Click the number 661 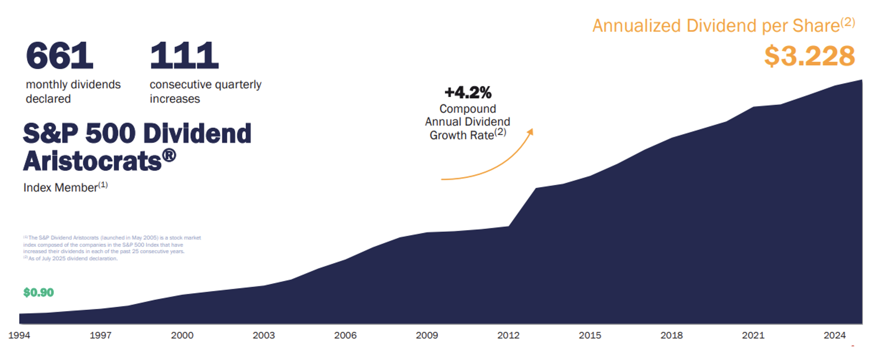(x=59, y=56)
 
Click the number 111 (x=184, y=56)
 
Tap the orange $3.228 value (x=809, y=56)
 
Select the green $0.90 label (x=39, y=293)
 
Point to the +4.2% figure (x=468, y=92)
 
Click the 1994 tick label (x=19, y=336)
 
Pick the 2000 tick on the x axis (x=182, y=336)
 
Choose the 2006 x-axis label (x=345, y=336)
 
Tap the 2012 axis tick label (x=508, y=336)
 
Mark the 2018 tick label (x=671, y=336)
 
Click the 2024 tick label (x=835, y=336)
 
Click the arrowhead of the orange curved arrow (x=531, y=132)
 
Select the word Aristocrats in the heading (x=92, y=161)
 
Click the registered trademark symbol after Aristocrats (x=169, y=156)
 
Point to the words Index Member (x=60, y=188)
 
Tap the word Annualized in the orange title (x=636, y=26)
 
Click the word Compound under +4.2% (x=467, y=109)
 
